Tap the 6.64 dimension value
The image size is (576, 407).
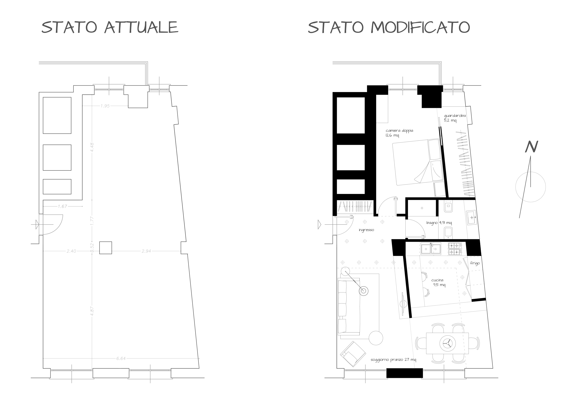[x=121, y=358]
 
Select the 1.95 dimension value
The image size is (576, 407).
[x=105, y=106]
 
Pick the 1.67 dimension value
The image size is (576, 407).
[x=63, y=206]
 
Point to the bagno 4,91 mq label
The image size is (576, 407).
[x=439, y=223]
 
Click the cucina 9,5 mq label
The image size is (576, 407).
[x=438, y=282]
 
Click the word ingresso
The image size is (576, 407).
[x=366, y=230]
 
